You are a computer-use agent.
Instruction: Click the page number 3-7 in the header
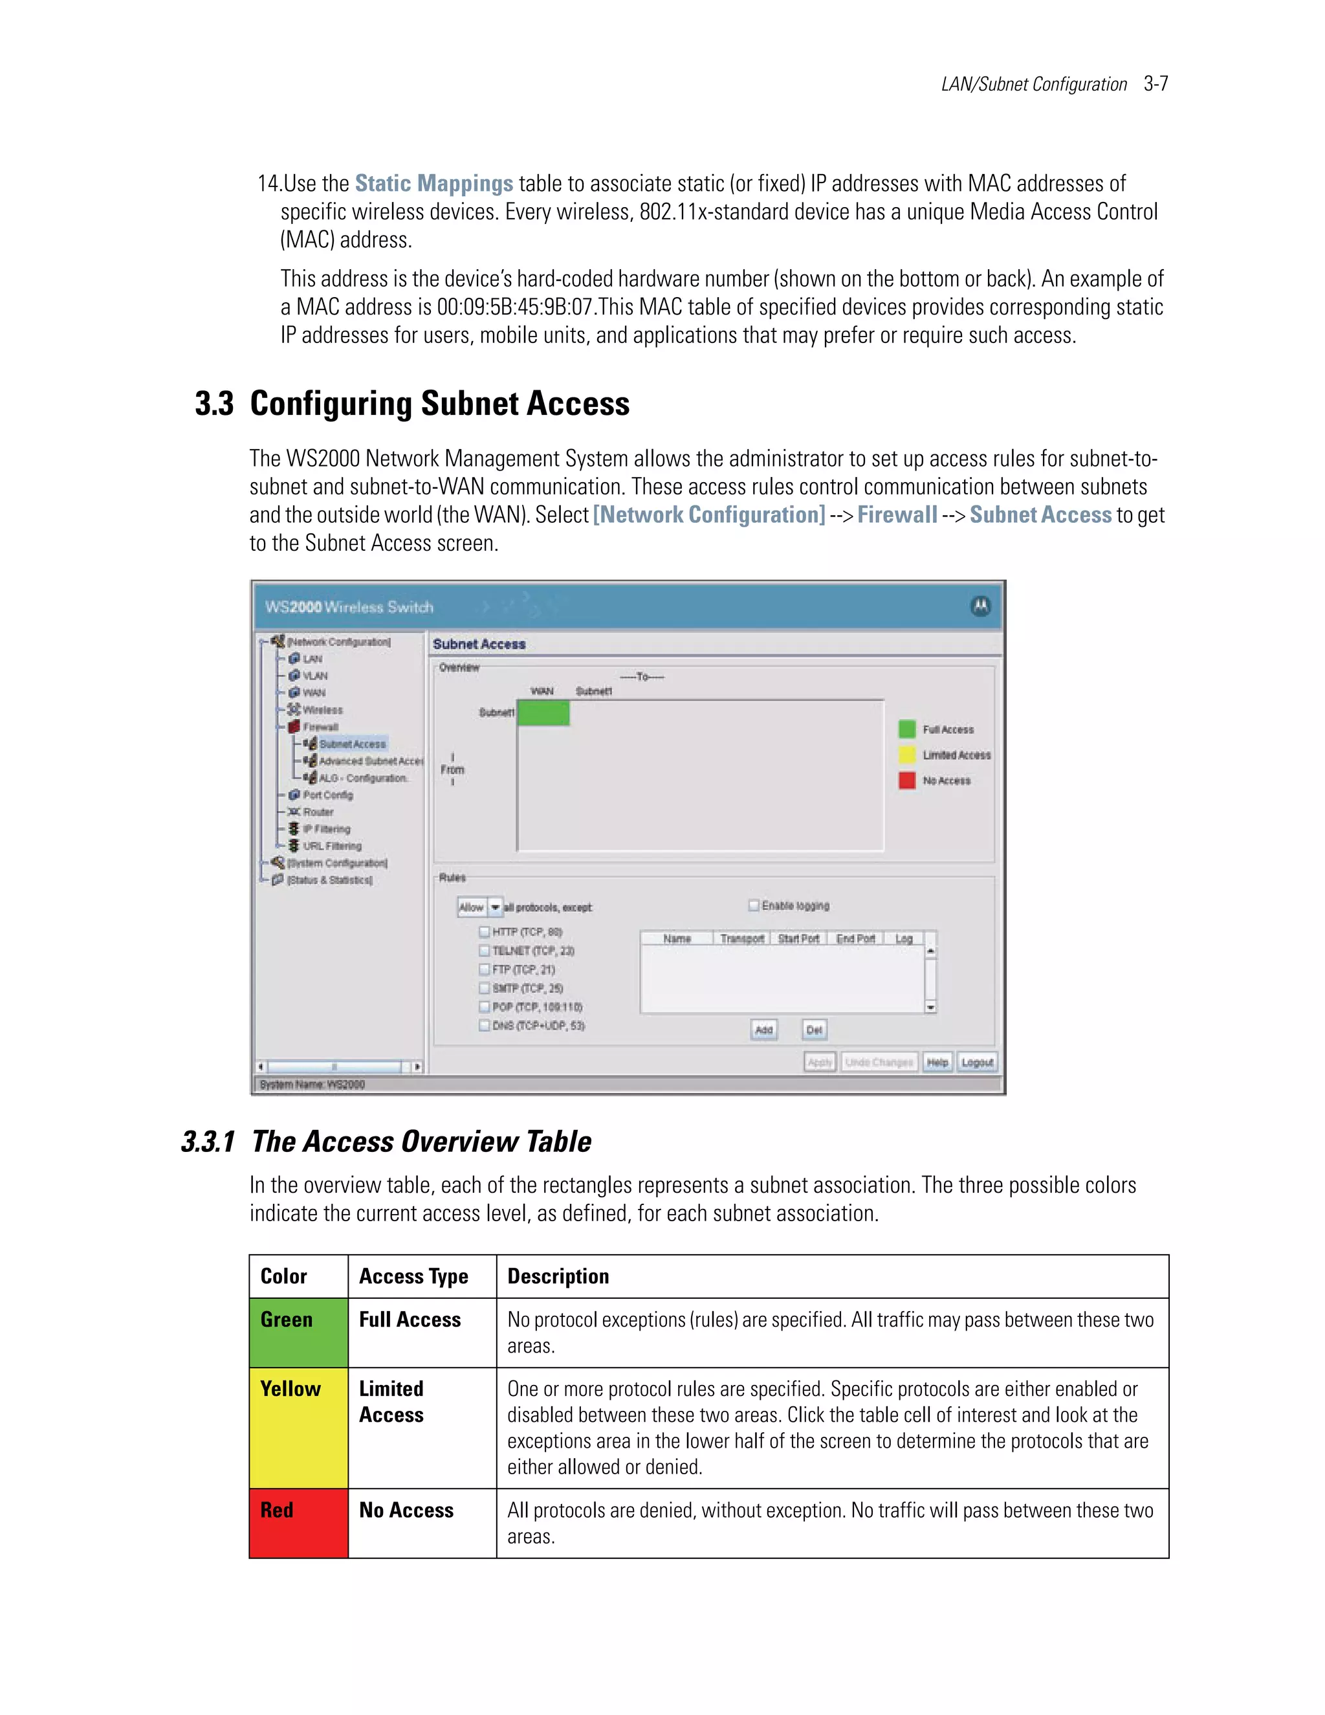point(1155,84)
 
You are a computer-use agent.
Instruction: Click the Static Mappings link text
point(433,184)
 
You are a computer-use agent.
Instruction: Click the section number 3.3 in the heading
point(214,404)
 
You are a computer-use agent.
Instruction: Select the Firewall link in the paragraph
point(897,515)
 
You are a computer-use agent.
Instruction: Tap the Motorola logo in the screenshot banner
point(980,606)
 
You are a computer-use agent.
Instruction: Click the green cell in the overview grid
point(543,713)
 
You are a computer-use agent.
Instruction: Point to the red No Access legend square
point(906,780)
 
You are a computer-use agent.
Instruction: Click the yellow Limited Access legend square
point(906,755)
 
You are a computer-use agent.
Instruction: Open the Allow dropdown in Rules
point(496,907)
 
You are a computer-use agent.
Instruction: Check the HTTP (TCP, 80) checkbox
point(485,932)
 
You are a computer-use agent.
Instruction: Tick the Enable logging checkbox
point(754,905)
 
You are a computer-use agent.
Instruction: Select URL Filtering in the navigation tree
point(332,846)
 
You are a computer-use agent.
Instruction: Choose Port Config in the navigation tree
point(327,795)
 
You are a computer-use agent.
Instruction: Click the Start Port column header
point(798,938)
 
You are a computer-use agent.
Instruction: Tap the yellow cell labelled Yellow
point(298,1428)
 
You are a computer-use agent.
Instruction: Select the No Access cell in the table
point(406,1510)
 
